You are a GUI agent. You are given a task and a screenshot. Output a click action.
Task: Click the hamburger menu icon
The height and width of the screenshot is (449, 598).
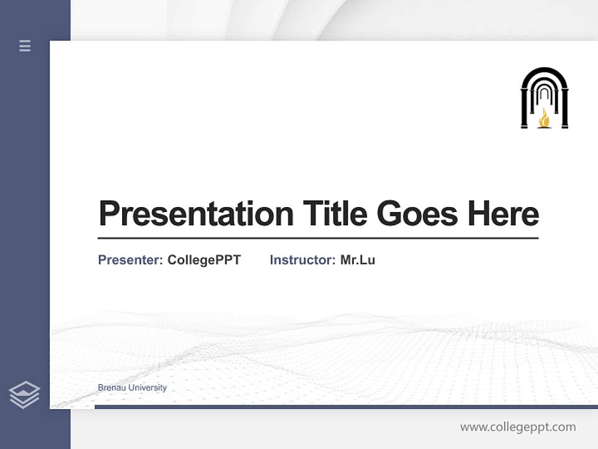click(25, 46)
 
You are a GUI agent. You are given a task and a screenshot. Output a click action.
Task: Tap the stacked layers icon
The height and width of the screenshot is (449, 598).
click(24, 395)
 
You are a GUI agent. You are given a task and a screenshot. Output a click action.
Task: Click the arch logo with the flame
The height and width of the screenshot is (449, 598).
click(544, 98)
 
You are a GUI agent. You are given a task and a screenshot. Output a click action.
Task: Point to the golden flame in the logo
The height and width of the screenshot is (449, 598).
click(544, 118)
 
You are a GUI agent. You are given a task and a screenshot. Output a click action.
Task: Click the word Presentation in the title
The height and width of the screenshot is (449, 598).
click(196, 214)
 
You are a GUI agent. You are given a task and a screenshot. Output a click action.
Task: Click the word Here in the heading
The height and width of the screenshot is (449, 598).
click(503, 214)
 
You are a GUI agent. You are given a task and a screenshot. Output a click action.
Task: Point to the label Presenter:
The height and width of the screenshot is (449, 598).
click(131, 260)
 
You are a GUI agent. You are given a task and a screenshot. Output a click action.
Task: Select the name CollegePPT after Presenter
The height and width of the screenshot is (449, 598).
click(204, 260)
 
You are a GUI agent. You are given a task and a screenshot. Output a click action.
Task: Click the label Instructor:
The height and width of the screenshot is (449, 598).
click(303, 260)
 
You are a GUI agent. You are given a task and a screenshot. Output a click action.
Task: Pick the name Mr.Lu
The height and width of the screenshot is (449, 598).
click(358, 260)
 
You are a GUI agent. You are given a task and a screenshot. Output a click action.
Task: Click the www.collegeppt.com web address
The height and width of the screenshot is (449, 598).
click(518, 427)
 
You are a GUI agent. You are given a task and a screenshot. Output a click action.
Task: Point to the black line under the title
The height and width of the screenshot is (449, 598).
click(318, 238)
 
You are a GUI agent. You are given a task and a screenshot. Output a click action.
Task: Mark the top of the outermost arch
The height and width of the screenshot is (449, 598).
click(544, 69)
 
